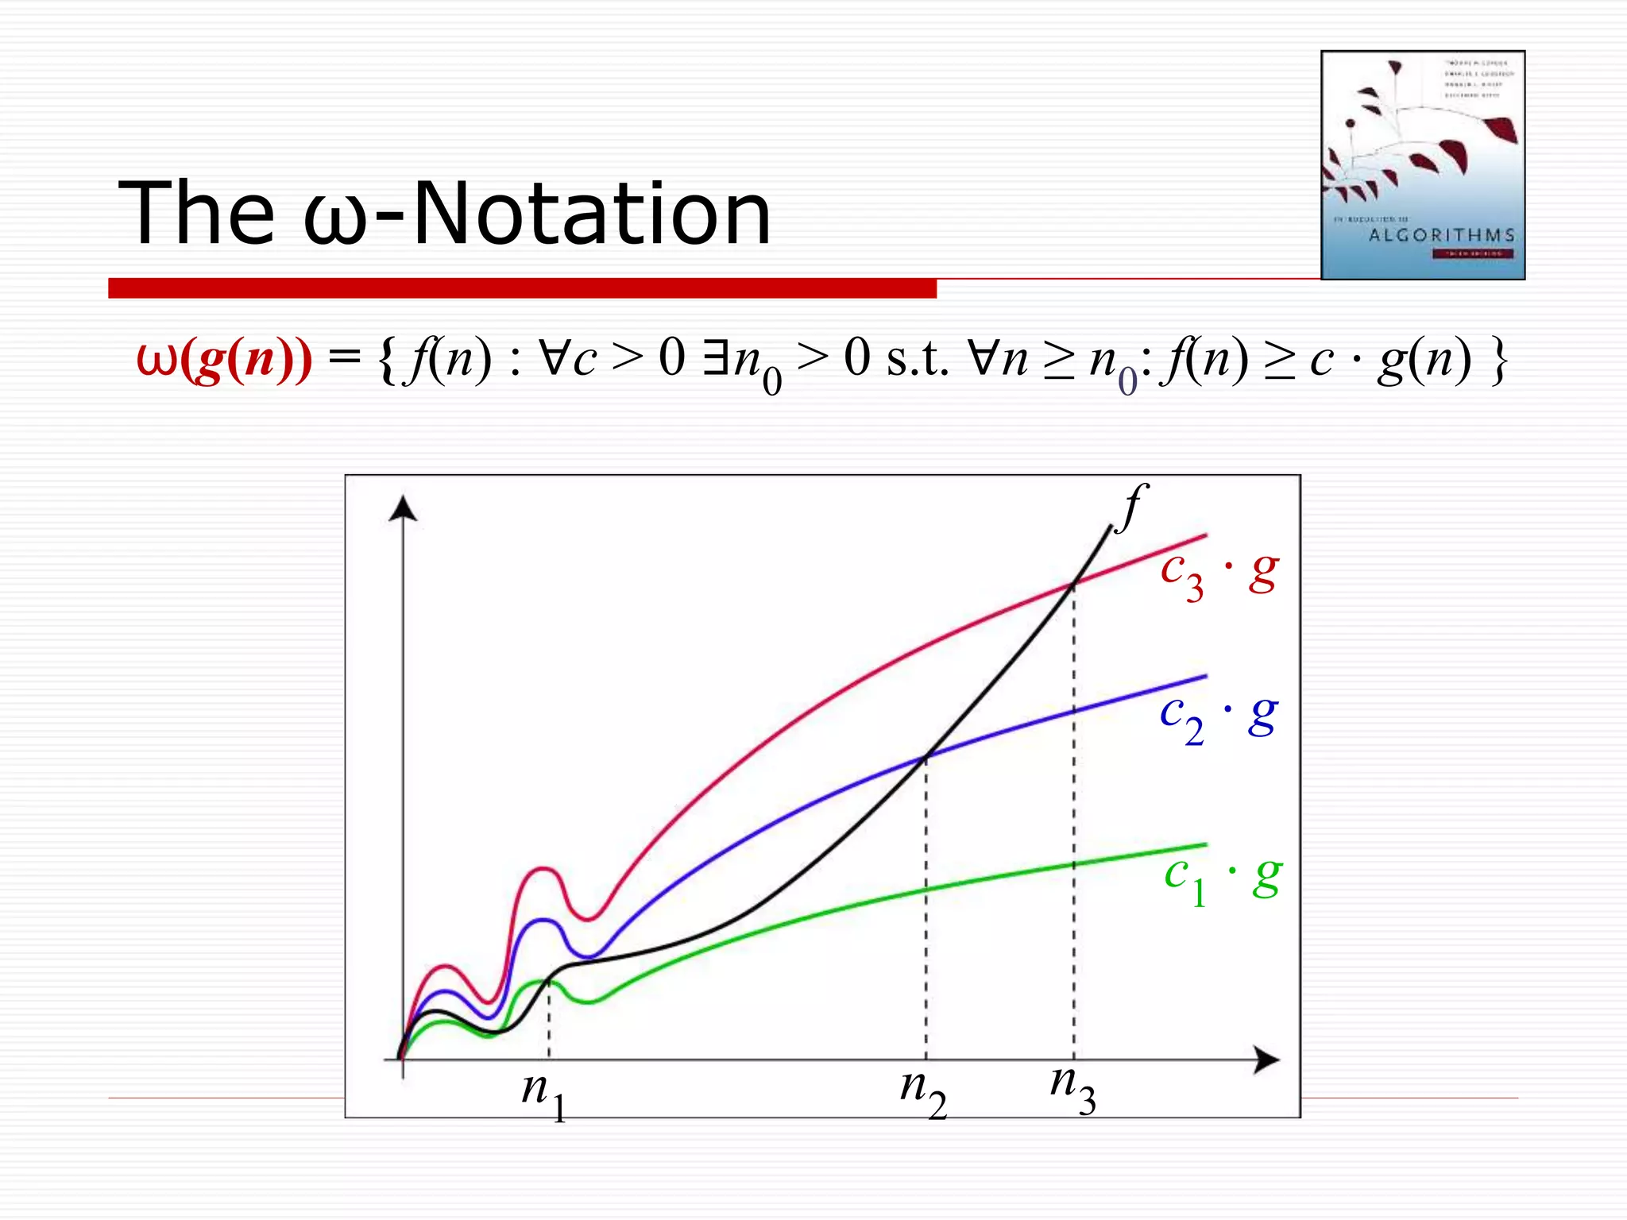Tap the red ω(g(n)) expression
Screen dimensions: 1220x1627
224,359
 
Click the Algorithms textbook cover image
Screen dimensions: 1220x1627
1422,165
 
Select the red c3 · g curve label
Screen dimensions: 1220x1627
1219,573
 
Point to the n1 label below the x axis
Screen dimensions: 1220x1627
544,1094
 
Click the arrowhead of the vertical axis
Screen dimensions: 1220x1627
404,508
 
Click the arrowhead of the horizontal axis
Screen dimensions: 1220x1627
1266,1060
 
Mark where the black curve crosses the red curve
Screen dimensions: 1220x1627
1073,584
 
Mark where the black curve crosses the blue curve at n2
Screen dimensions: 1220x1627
926,756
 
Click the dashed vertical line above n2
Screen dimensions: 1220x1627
926,913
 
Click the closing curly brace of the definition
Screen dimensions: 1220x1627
1498,359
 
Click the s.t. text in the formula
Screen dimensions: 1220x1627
918,359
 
